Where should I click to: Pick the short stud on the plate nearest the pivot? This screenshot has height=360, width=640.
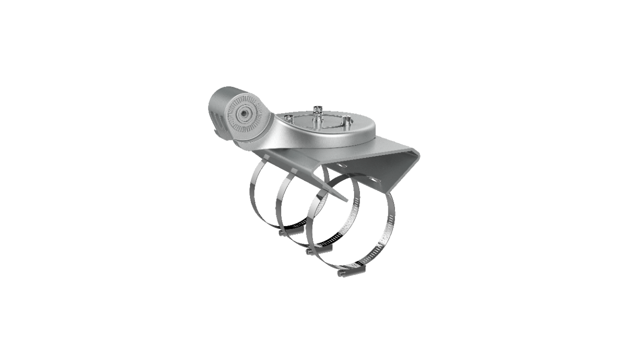[x=289, y=118]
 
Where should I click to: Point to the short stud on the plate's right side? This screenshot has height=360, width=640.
[x=345, y=120]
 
